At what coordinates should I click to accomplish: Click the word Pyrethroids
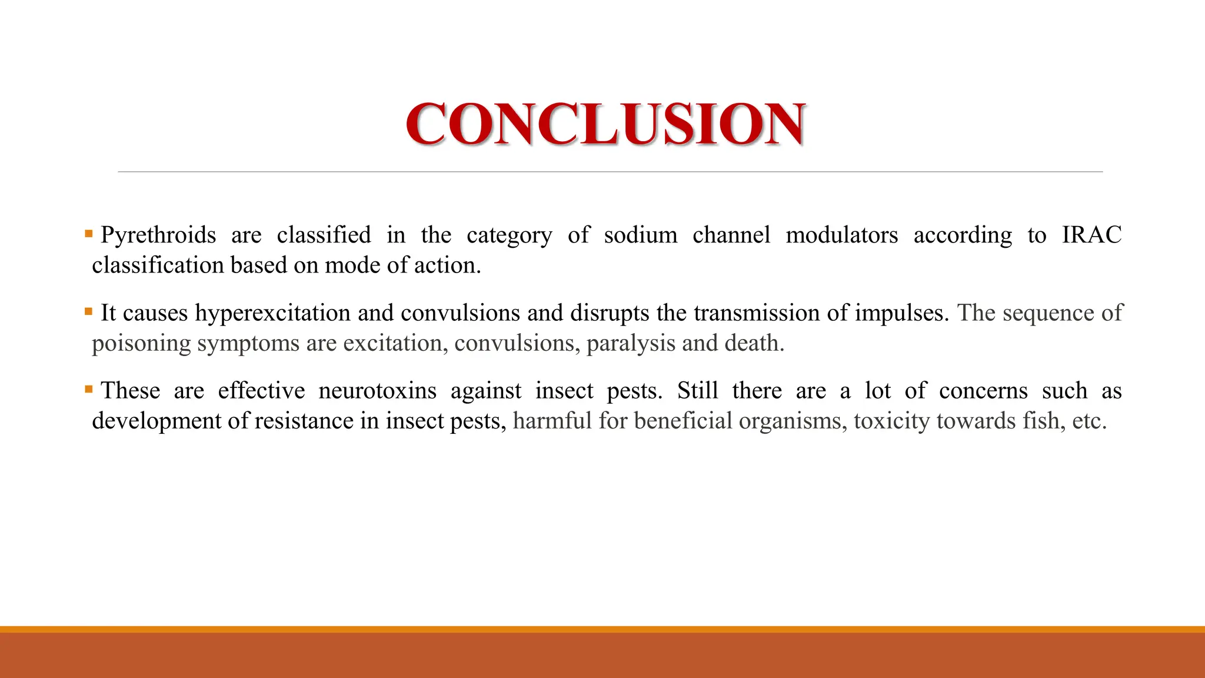tap(158, 235)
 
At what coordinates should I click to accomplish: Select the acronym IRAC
tap(1091, 235)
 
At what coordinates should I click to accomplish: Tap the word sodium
tap(640, 235)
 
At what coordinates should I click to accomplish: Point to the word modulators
tap(841, 235)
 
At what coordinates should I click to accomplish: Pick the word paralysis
tap(631, 343)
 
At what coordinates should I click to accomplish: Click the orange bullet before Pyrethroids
tap(88, 234)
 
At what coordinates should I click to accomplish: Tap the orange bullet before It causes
tap(88, 311)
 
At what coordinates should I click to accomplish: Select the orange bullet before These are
tap(88, 389)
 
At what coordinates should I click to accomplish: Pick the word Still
tap(697, 391)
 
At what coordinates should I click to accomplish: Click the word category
tap(509, 235)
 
